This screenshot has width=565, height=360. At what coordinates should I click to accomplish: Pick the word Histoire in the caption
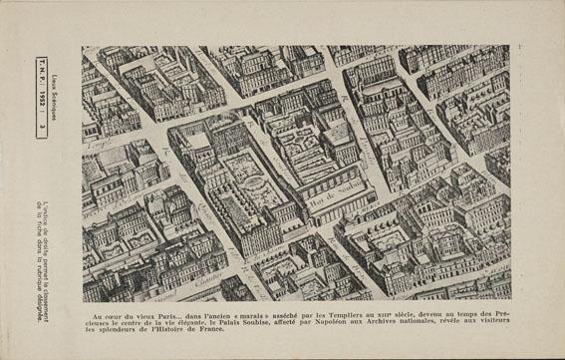click(169, 330)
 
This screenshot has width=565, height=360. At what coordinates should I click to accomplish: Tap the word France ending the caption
click(211, 330)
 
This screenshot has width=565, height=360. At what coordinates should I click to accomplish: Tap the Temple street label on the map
click(98, 146)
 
